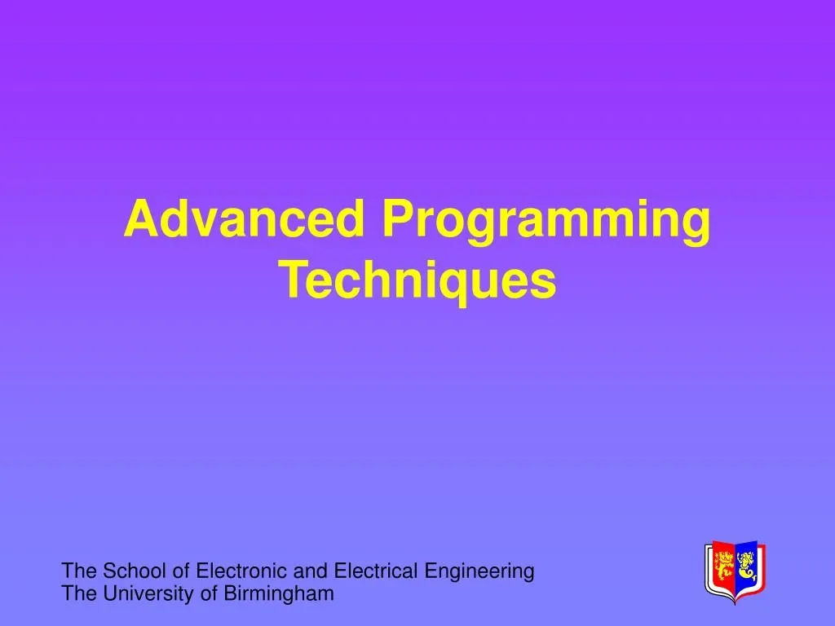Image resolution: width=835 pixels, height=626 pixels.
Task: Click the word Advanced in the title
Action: [245, 218]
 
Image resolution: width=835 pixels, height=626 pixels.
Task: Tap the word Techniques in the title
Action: [417, 281]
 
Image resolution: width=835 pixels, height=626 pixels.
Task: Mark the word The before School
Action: [80, 571]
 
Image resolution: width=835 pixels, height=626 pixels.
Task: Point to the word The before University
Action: [80, 593]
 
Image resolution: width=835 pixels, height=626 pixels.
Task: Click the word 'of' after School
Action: [181, 571]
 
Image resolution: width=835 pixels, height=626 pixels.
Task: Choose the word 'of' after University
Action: [208, 593]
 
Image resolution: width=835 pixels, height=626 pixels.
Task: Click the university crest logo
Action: [736, 571]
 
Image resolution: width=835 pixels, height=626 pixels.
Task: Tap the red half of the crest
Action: [722, 568]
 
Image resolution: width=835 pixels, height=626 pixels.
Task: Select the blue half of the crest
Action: [748, 568]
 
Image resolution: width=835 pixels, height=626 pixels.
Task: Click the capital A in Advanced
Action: [142, 218]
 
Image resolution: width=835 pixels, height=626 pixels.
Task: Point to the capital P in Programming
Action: [398, 218]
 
